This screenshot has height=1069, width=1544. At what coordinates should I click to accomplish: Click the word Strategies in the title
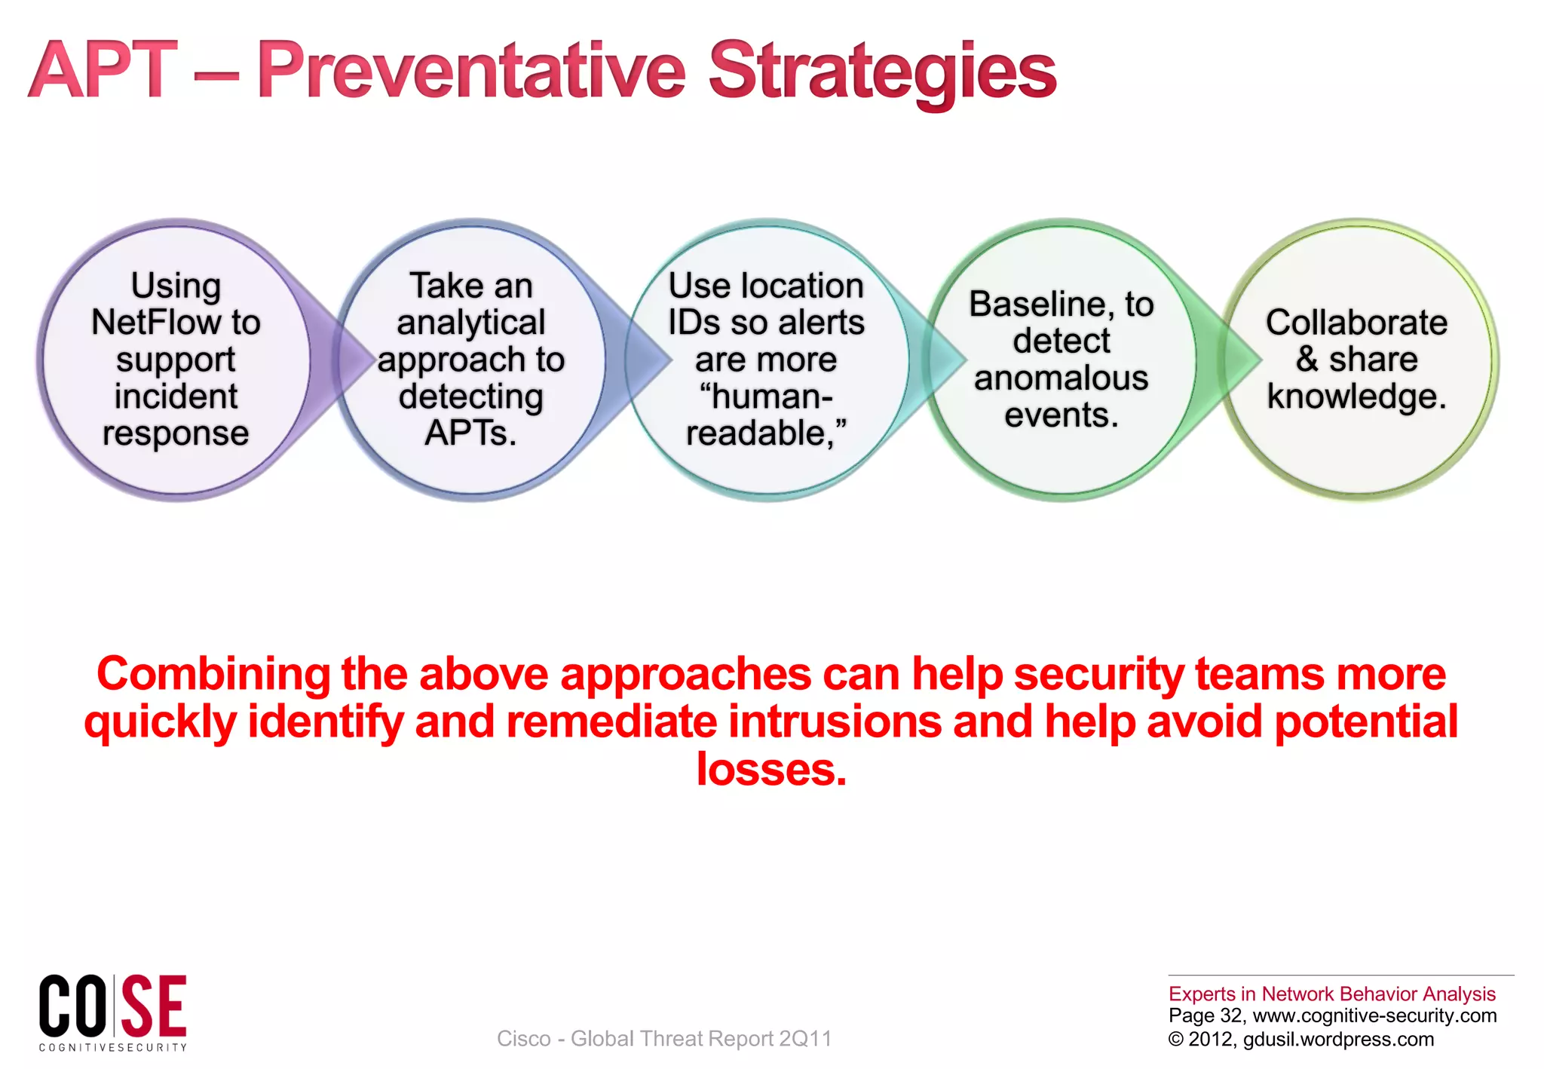tap(882, 72)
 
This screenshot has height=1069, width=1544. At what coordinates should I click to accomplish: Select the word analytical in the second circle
tap(470, 323)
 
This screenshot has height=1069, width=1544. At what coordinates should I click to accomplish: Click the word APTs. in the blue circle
tap(470, 433)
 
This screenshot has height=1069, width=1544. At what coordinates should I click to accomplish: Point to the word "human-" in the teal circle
tap(766, 397)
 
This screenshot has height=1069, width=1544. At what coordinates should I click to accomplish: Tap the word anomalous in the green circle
tap(1061, 378)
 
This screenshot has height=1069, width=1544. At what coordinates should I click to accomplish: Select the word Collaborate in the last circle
tap(1356, 323)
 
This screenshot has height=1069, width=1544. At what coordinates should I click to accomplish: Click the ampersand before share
tap(1307, 359)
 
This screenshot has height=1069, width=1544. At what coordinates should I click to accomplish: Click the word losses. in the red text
tap(771, 770)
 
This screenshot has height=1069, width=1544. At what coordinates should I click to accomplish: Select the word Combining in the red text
tap(213, 673)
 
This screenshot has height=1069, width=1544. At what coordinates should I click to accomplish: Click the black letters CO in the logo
tap(72, 1006)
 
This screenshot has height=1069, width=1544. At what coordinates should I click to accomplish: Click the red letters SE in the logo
tap(155, 1006)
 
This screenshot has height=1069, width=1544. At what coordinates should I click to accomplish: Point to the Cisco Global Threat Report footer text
tap(663, 1039)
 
